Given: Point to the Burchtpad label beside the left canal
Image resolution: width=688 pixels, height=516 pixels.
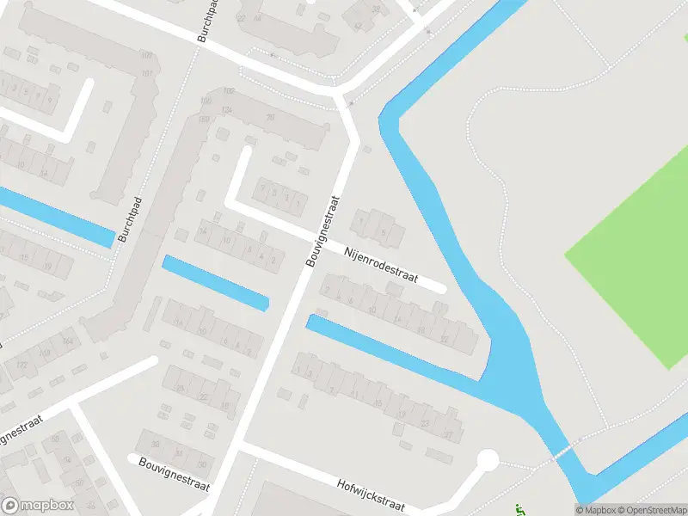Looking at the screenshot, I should (129, 218).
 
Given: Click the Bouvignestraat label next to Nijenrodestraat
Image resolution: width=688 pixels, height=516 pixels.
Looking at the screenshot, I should (322, 230).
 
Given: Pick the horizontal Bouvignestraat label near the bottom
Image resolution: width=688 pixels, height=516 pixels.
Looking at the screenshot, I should (174, 474).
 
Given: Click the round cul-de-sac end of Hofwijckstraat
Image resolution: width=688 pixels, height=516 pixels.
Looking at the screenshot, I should (488, 461).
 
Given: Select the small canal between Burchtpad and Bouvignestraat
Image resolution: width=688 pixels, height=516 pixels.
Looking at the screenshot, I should (215, 282).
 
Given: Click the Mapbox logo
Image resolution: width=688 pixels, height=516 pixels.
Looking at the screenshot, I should (38, 506).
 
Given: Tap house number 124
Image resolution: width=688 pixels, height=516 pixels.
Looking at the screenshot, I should (227, 110).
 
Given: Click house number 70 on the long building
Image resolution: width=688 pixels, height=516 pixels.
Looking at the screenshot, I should (270, 118).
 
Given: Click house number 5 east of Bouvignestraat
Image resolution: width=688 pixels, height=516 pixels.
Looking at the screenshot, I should (384, 233).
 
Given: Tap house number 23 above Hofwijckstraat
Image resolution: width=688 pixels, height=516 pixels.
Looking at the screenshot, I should (425, 422).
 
